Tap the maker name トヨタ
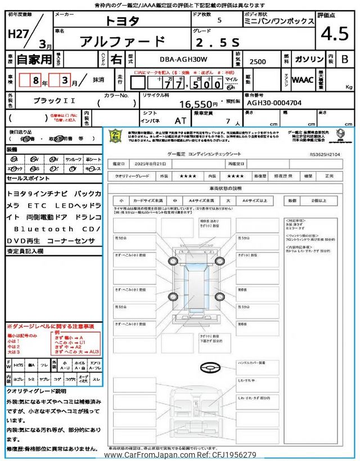click(123, 20)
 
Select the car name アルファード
click(123, 41)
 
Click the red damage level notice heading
click(50, 326)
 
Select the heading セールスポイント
click(29, 177)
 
